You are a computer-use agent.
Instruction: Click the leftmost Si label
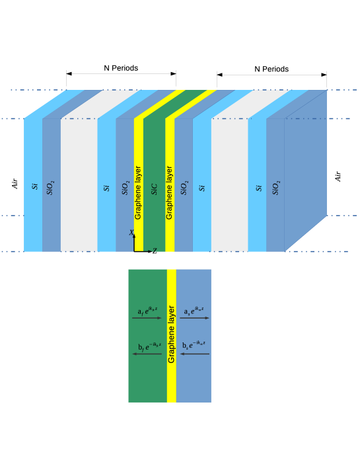coord(35,186)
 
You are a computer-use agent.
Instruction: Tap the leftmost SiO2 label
coord(51,187)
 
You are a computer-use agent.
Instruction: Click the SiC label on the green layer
coord(155,189)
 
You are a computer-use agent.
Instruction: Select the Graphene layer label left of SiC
coord(138,192)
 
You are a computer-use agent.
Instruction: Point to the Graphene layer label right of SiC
coord(170,192)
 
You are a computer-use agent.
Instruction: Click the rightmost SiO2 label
coord(276,187)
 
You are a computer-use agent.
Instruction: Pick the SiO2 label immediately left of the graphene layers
coord(126,187)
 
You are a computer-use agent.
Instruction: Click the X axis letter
coord(131,233)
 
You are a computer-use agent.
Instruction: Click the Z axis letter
coord(155,251)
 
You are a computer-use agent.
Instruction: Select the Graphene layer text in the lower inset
coord(172,334)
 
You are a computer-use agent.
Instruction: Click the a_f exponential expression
coord(147,311)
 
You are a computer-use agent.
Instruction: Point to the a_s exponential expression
coord(194,311)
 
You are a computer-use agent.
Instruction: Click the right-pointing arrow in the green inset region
coord(147,318)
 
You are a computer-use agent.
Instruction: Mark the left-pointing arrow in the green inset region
coord(147,354)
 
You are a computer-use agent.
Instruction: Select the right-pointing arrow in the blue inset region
coord(194,318)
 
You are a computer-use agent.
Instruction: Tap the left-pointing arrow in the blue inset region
coord(194,354)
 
